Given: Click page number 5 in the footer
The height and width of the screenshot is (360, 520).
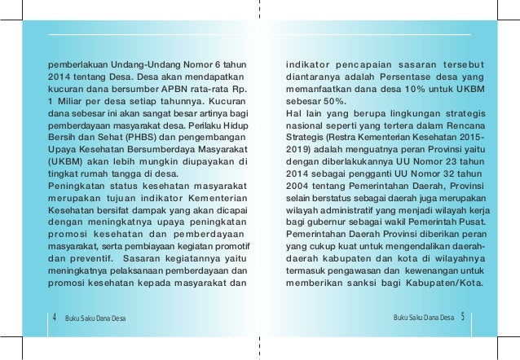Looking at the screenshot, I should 461,316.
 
